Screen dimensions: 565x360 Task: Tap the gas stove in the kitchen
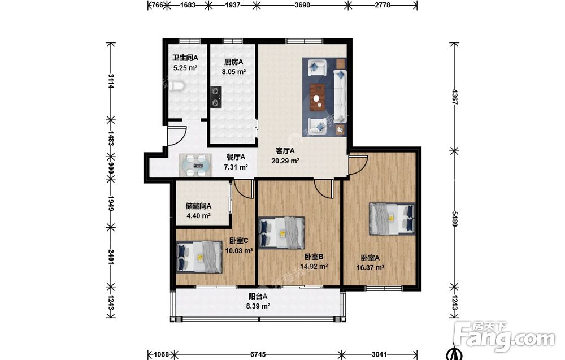(216, 97)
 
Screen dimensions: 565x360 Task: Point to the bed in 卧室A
(392, 219)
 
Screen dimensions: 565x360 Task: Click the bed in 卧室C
(199, 257)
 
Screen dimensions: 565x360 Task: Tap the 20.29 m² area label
(285, 161)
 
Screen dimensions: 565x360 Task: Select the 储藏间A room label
(198, 206)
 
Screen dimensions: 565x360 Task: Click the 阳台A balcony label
(258, 297)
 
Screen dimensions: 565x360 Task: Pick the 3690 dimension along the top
(302, 5)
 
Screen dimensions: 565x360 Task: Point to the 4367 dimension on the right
(454, 97)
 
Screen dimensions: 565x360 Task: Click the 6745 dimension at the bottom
(258, 354)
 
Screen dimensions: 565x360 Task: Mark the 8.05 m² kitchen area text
(233, 72)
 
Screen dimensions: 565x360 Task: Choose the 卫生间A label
(185, 58)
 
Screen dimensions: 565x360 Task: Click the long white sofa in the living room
(340, 93)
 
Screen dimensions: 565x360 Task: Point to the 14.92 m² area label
(314, 267)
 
